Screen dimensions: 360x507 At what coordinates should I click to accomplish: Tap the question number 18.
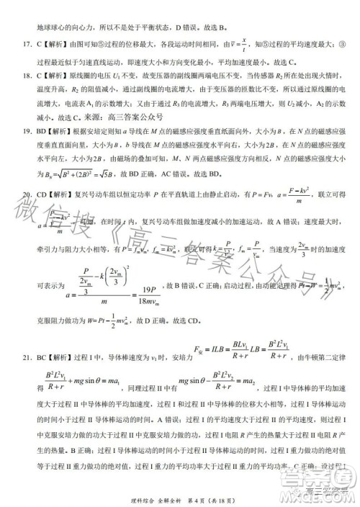tap(22, 75)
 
